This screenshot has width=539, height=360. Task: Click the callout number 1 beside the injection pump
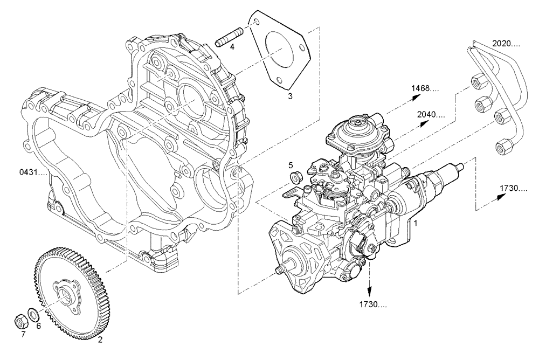tap(414, 222)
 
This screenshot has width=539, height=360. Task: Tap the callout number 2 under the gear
tap(100, 340)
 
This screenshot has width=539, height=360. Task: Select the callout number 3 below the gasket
tap(289, 96)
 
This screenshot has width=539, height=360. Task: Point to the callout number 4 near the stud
tap(232, 47)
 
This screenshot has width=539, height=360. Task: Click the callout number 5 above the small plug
tap(290, 165)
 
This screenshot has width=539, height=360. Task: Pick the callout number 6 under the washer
tap(38, 326)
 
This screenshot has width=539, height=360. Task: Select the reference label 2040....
tap(431, 114)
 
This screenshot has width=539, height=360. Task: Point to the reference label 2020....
tap(506, 43)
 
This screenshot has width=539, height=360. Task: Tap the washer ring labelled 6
tap(33, 314)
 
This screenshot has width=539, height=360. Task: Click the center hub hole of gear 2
tap(67, 294)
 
